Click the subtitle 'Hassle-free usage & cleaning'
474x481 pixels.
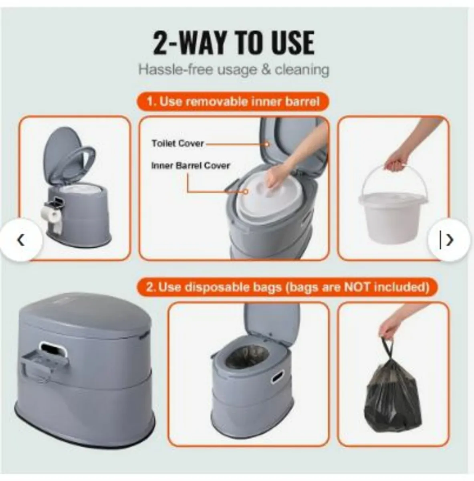tap(234, 70)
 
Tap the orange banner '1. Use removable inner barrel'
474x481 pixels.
tap(233, 101)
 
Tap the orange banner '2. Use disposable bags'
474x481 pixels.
tap(286, 287)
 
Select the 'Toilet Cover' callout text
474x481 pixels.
tap(177, 143)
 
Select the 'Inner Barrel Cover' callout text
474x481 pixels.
tap(191, 166)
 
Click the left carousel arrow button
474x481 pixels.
tap(21, 240)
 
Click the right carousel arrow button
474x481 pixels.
tap(449, 240)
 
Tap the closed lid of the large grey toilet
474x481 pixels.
tap(84, 317)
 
